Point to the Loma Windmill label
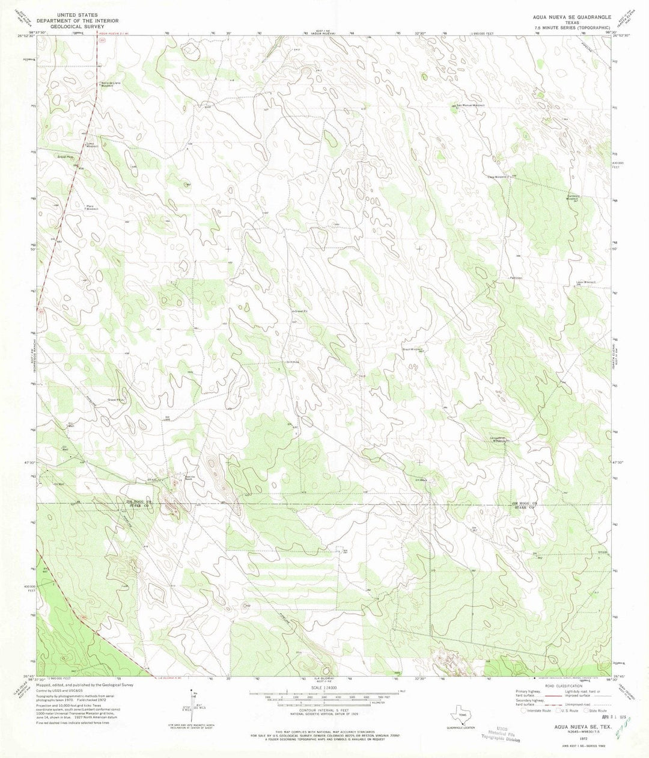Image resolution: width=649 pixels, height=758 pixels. [108, 145]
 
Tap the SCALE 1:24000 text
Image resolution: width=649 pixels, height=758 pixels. [324, 686]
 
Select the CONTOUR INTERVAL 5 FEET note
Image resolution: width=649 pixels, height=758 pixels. [324, 709]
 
